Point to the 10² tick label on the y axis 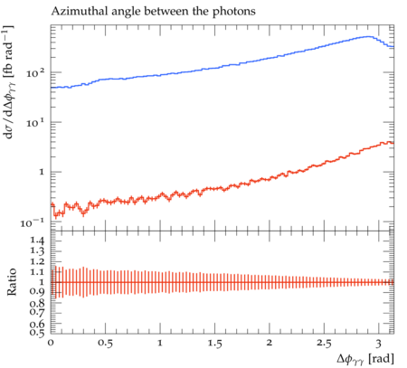point(35,72)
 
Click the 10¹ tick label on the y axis point(35,122)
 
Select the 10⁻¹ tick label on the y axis point(32,222)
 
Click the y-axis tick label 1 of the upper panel point(41,173)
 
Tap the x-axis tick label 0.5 point(105,344)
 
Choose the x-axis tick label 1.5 point(214,344)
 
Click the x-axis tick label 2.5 point(324,344)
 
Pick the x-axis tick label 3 point(379,344)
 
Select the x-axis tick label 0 point(51,343)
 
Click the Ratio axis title point(11,281)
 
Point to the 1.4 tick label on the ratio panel point(37,241)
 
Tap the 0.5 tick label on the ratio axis point(37,332)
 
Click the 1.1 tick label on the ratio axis point(37,272)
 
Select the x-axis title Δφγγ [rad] point(365,359)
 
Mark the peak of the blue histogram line point(368,37)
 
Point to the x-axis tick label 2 point(270,343)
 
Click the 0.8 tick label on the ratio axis point(37,303)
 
